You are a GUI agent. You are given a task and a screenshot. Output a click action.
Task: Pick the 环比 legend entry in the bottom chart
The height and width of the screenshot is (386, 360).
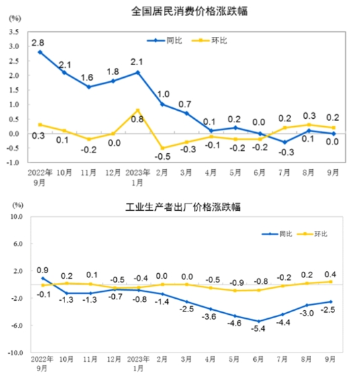(x=317, y=234)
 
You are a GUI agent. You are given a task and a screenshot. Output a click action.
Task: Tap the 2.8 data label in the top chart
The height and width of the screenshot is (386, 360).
(x=40, y=42)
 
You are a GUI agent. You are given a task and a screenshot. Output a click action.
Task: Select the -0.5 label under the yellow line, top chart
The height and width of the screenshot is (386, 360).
(x=163, y=158)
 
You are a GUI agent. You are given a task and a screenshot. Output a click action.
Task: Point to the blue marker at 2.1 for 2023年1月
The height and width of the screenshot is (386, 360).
(x=138, y=73)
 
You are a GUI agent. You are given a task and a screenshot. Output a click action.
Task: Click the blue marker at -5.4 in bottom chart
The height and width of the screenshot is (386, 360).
(x=259, y=322)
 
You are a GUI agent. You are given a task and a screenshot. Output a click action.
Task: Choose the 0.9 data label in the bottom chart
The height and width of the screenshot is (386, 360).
(x=43, y=269)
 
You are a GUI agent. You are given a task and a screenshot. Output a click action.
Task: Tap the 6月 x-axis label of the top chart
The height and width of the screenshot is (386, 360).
(x=259, y=172)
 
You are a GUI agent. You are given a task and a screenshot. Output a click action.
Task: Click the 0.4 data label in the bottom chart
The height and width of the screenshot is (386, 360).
(x=330, y=273)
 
